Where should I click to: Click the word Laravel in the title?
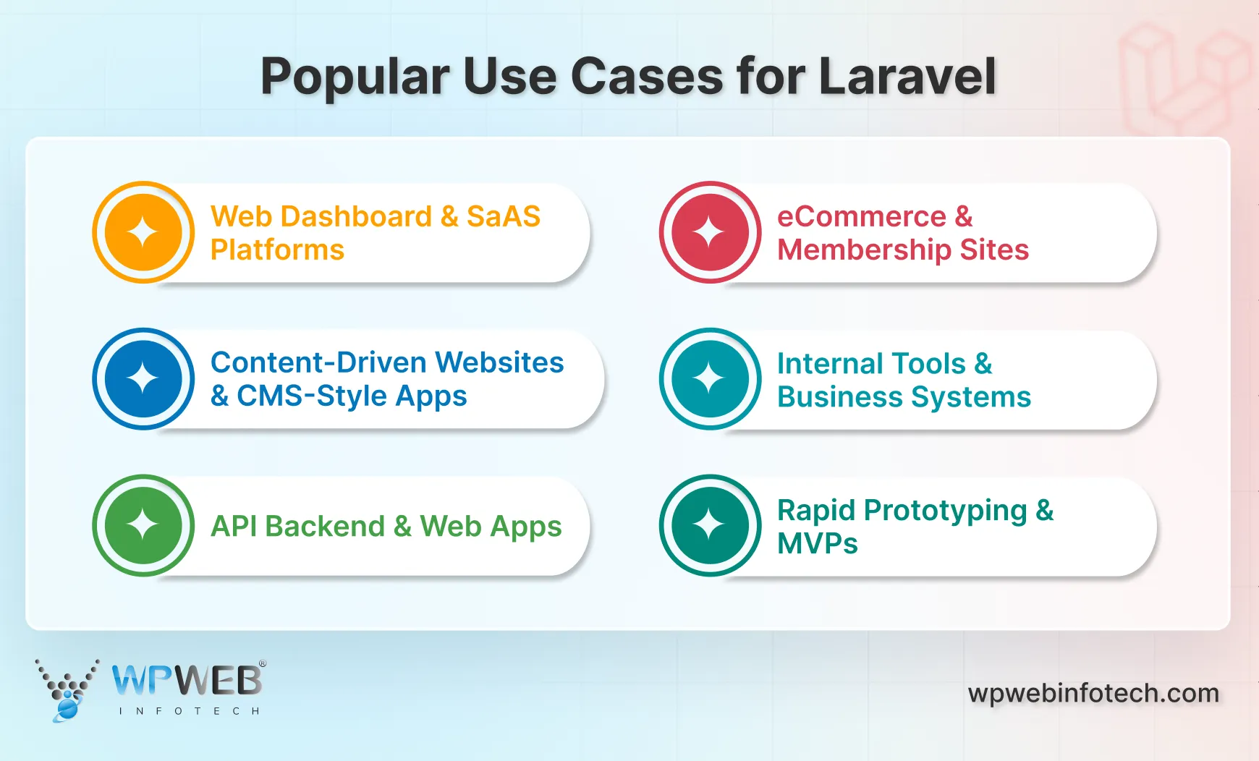[x=907, y=76]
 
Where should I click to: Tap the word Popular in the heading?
[x=355, y=76]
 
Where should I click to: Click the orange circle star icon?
[x=143, y=232]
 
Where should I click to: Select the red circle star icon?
[x=710, y=232]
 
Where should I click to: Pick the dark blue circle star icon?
[x=143, y=378]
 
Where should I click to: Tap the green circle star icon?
[x=143, y=525]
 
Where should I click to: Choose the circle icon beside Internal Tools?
[x=710, y=378]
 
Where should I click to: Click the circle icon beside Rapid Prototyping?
[x=710, y=525]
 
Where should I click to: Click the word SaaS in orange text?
[x=504, y=216]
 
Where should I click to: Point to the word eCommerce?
[x=861, y=216]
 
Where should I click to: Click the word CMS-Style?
[x=312, y=396]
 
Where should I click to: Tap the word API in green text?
[x=234, y=526]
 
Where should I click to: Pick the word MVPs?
[x=817, y=543]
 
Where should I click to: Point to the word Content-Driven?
[x=318, y=362]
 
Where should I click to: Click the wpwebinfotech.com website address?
[x=1093, y=693]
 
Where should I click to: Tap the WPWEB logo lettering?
[x=187, y=680]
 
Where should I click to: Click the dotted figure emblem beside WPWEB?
[x=67, y=689]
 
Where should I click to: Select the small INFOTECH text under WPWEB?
[x=189, y=711]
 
